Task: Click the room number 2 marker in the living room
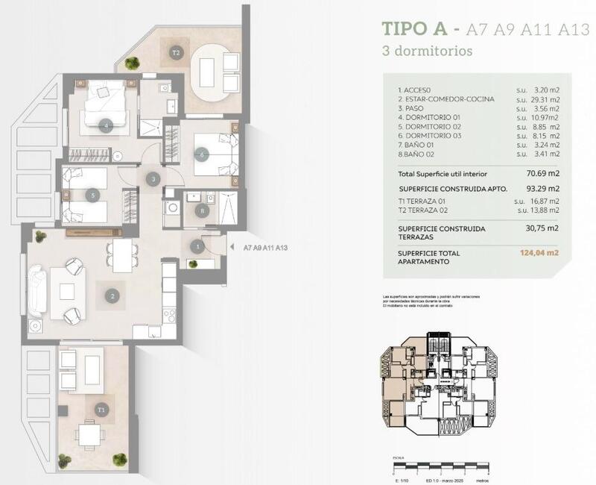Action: (x=112, y=296)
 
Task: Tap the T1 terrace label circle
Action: (x=101, y=409)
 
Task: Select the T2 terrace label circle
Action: (x=176, y=53)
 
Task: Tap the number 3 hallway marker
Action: (x=153, y=179)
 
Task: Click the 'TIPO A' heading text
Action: (x=414, y=29)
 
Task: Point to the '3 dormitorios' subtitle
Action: (x=427, y=51)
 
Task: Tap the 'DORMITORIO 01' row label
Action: (x=432, y=118)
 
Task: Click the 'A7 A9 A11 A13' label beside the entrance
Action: (x=265, y=248)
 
